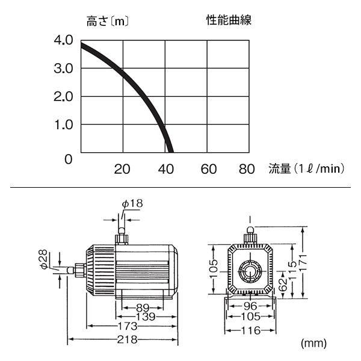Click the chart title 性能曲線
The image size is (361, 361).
(x=229, y=20)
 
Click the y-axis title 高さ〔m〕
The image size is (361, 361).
(x=108, y=22)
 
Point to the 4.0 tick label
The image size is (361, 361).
(x=63, y=40)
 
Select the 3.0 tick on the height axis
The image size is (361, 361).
(x=63, y=69)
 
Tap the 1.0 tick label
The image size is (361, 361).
(x=64, y=125)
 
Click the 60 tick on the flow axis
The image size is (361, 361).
(x=209, y=169)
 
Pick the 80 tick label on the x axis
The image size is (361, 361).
(x=247, y=169)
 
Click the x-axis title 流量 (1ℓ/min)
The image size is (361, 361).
(x=307, y=168)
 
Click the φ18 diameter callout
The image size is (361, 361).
(x=132, y=203)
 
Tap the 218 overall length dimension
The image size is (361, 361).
(x=127, y=339)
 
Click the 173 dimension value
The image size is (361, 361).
(x=128, y=326)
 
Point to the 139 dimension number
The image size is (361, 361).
(x=146, y=317)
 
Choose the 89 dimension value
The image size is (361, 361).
(x=143, y=307)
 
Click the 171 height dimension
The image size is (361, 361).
(x=303, y=262)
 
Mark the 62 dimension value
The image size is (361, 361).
(x=283, y=285)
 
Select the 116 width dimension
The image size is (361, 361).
(x=251, y=331)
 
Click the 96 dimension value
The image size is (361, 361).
(x=250, y=306)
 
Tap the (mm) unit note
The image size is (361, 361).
(x=313, y=344)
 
